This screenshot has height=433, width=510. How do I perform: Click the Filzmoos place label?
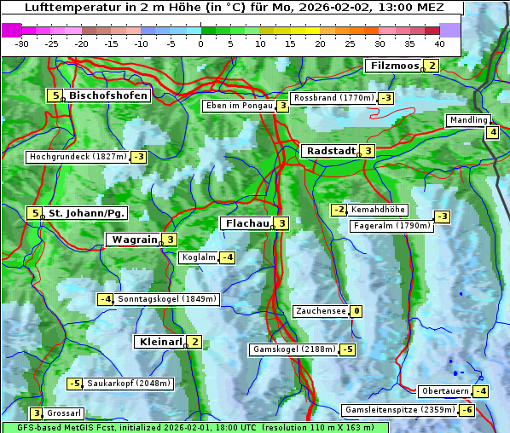(394, 66)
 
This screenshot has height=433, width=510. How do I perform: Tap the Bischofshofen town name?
(108, 95)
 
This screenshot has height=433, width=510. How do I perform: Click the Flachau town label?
(246, 223)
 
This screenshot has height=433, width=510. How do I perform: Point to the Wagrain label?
(133, 240)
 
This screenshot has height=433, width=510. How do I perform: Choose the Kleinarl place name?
(159, 342)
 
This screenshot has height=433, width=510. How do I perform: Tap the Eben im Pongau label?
(238, 106)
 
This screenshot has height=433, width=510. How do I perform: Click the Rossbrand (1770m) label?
(333, 98)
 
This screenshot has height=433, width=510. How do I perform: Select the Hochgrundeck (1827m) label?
(78, 157)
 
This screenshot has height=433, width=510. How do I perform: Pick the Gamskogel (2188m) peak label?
(293, 349)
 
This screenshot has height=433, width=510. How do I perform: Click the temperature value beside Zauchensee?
(356, 311)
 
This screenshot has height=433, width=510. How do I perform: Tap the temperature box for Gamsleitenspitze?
(467, 410)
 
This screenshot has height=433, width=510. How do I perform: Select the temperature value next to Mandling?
(493, 131)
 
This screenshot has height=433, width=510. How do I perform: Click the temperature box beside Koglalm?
(227, 257)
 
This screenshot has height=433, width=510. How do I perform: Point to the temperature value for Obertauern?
(481, 391)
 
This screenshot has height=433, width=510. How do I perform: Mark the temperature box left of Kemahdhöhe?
(339, 210)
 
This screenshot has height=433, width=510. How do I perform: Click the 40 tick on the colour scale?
(439, 43)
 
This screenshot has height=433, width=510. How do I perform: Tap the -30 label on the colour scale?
(22, 43)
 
